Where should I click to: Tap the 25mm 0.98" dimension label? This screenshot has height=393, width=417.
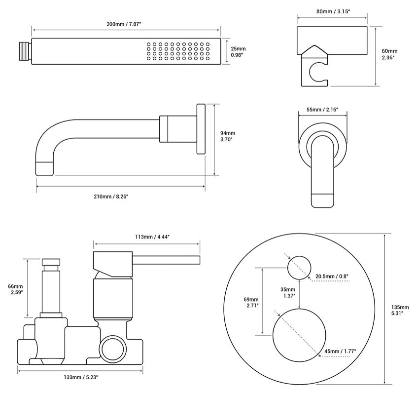[239, 52]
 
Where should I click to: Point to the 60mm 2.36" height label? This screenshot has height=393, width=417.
[389, 54]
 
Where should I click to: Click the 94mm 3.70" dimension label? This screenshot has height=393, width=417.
[228, 136]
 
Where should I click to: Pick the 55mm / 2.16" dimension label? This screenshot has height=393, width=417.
[322, 110]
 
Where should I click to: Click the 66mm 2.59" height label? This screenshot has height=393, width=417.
[15, 289]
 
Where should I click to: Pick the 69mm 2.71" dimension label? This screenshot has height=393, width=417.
[251, 302]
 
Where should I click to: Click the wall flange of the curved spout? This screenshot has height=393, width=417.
[201, 129]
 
